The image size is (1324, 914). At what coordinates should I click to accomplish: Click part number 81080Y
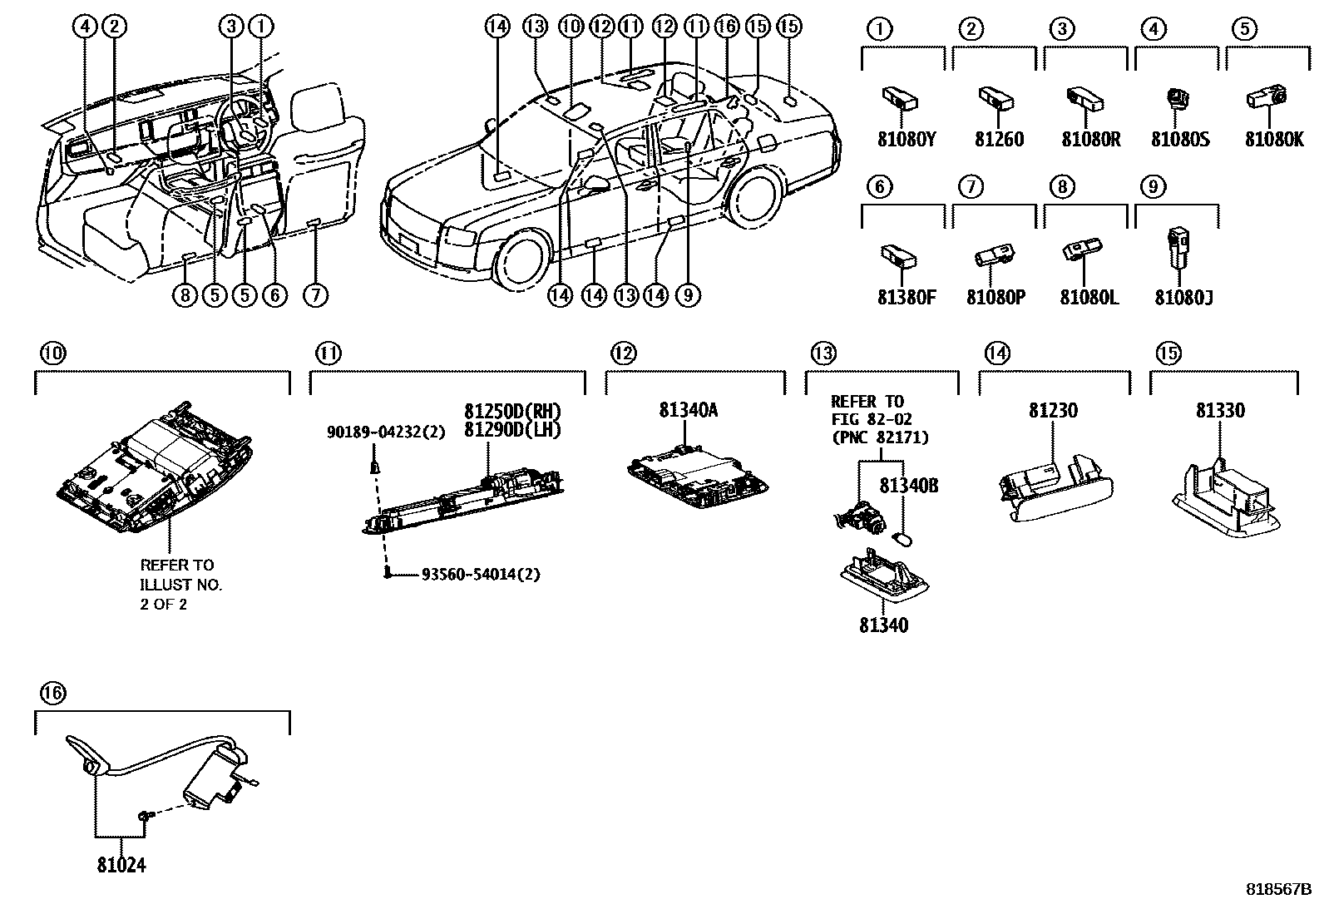click(x=907, y=140)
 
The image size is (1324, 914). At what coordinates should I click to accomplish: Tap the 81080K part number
click(x=1274, y=140)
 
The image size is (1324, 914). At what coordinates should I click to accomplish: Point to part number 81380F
click(x=907, y=297)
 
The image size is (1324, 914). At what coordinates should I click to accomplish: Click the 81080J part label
click(x=1183, y=297)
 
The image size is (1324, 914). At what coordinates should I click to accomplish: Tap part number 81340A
click(x=688, y=410)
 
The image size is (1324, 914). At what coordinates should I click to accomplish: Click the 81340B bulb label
click(x=909, y=486)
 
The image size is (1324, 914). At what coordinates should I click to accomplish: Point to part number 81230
click(x=1053, y=410)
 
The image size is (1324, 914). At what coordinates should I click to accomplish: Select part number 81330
click(x=1220, y=410)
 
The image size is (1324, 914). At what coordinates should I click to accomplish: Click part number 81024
click(x=120, y=866)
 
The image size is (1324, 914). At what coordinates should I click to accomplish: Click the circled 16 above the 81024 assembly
click(x=52, y=693)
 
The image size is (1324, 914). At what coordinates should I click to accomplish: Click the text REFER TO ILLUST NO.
click(x=180, y=575)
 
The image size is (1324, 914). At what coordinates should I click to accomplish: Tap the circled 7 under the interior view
click(x=315, y=294)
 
